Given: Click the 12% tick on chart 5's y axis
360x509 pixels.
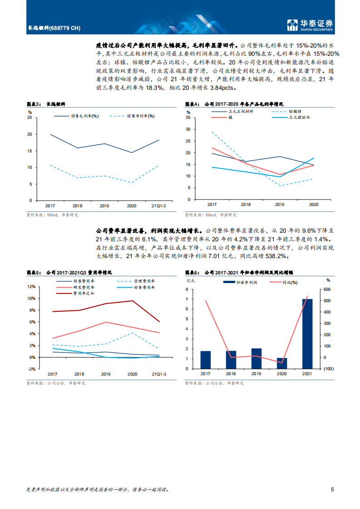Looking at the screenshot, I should point(31,287).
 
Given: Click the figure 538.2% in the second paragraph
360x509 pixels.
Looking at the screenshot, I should point(276,257).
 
